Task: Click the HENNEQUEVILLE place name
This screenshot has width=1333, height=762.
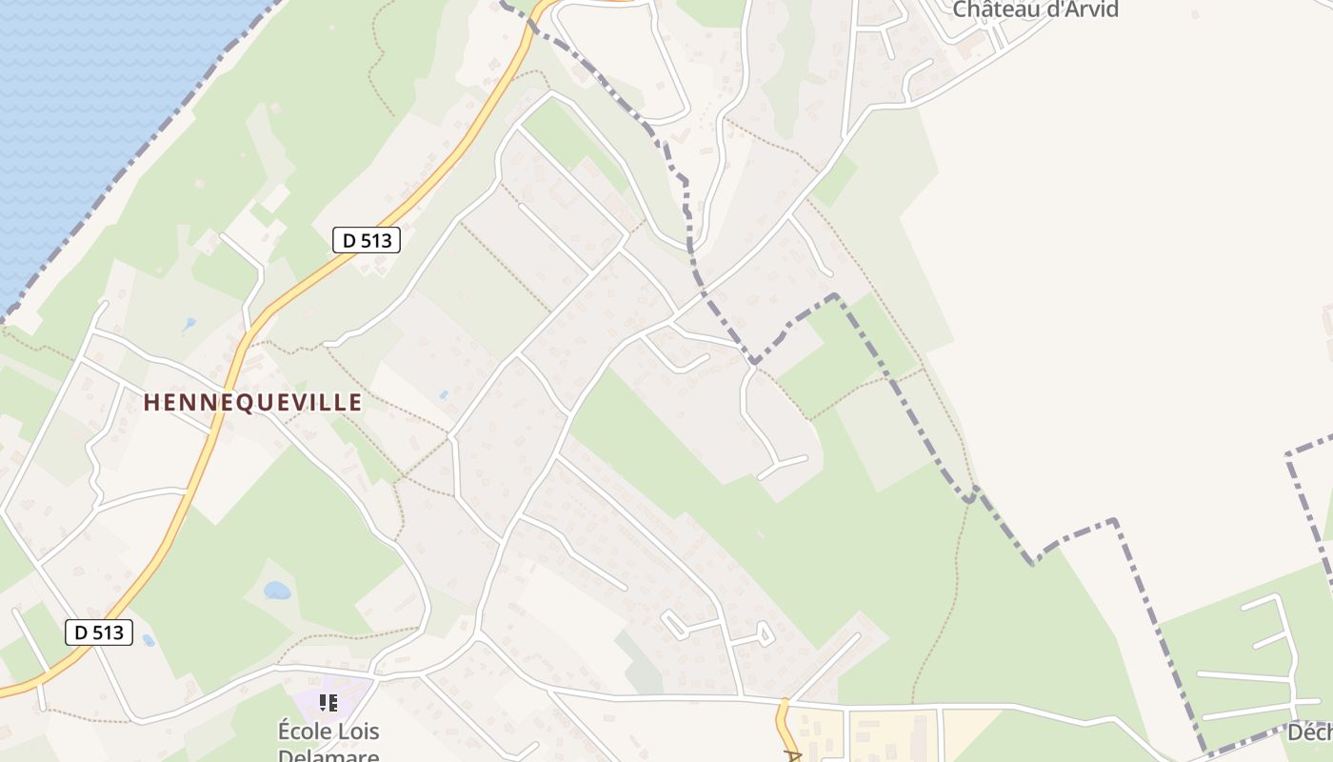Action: point(252,403)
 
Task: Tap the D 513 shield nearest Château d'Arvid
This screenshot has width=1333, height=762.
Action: point(367,240)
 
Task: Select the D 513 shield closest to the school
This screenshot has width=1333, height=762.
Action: point(99,632)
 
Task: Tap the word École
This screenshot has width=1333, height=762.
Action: point(302,732)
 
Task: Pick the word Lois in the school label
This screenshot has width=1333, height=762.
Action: point(355,732)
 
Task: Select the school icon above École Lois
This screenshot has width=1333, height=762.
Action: point(328,703)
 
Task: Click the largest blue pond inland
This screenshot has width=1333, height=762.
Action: point(277,591)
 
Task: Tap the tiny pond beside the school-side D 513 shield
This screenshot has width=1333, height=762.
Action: point(149,640)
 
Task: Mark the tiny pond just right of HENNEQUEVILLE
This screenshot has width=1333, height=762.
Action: point(443,393)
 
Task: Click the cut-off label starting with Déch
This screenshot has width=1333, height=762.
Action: point(1310,732)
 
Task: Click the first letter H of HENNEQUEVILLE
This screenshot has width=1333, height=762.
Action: point(150,403)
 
